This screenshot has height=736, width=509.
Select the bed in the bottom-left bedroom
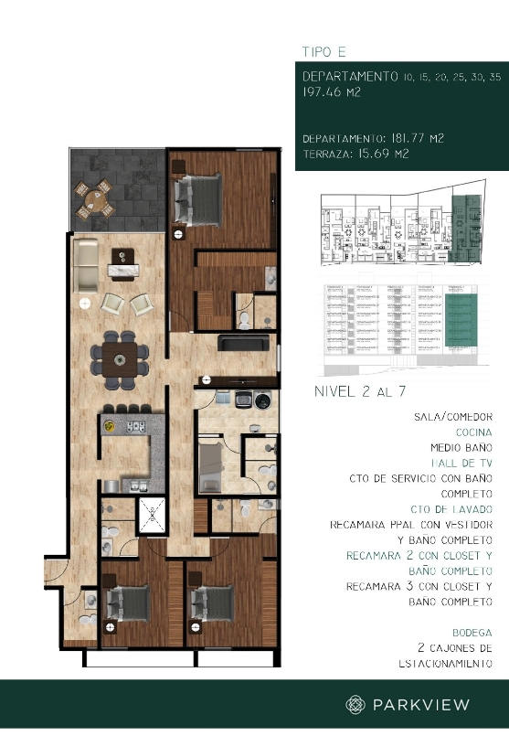(128, 603)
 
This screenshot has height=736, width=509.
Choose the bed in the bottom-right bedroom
(209, 604)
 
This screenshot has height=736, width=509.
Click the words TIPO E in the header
(325, 51)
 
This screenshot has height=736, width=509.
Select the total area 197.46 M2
(334, 92)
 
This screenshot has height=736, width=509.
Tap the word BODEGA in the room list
(472, 633)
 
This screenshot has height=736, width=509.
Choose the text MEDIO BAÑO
(461, 448)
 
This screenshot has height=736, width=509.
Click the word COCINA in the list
(472, 432)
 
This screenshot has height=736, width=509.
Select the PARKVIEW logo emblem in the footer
(355, 704)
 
